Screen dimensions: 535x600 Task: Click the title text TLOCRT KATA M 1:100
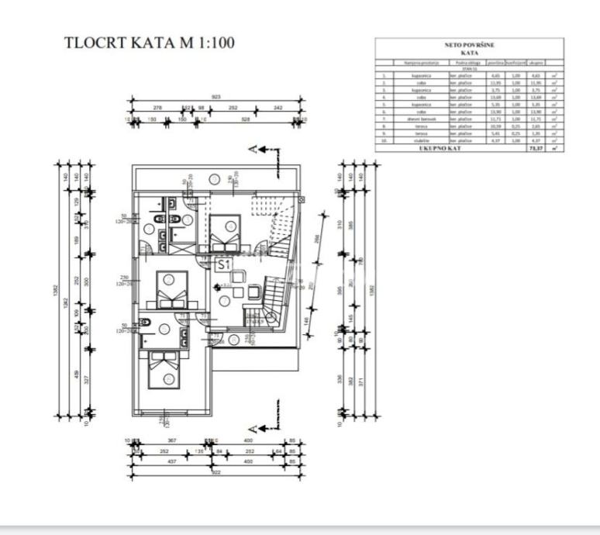pos(149,43)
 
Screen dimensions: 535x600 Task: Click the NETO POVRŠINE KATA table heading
pos(468,49)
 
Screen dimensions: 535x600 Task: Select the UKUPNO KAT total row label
pos(440,148)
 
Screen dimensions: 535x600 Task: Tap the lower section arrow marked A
pos(257,426)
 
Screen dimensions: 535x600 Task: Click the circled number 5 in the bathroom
pos(164,328)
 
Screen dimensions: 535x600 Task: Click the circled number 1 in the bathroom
pos(149,229)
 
